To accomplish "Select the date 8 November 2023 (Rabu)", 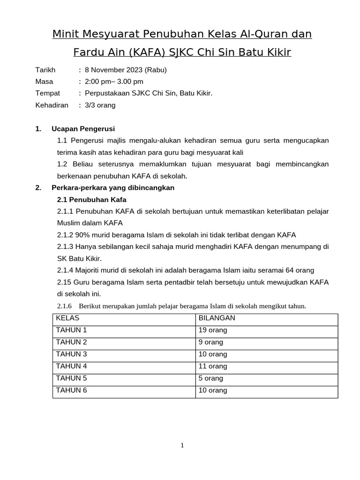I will [x=126, y=70].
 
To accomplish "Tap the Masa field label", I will [x=44, y=82].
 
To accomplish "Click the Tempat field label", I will [x=47, y=94].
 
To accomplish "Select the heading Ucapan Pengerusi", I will [x=83, y=129].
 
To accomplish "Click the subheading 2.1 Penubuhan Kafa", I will [x=91, y=200].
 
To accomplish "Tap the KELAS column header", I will [x=67, y=318].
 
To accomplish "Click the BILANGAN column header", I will [x=217, y=318].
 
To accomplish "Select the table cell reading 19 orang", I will [x=213, y=330].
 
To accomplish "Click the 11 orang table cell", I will [x=213, y=367].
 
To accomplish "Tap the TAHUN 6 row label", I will [x=71, y=390].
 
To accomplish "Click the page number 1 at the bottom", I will [x=182, y=446].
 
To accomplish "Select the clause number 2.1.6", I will [x=64, y=307].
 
